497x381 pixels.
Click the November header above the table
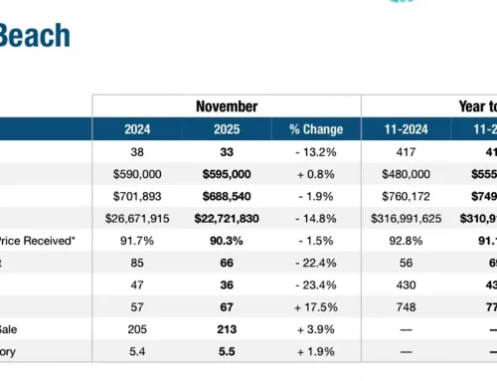[226, 105]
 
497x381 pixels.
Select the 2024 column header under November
[137, 129]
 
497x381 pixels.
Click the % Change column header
[316, 129]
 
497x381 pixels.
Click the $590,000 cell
[137, 175]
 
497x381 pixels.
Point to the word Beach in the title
[34, 37]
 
